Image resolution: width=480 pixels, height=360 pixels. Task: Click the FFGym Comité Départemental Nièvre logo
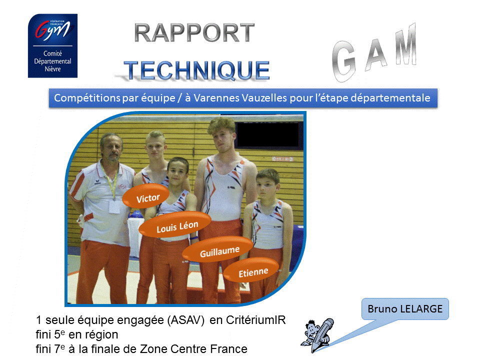[52, 45]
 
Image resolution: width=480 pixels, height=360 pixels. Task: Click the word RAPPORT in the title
[194, 33]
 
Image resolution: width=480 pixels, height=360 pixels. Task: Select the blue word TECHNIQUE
[196, 70]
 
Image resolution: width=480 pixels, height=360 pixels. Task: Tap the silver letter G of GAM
[344, 61]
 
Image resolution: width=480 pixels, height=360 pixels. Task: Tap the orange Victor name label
[145, 196]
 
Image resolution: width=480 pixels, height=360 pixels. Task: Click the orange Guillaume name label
[218, 249]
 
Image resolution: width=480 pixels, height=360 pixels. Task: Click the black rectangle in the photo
[267, 134]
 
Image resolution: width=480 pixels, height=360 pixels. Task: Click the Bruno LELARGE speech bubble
[405, 309]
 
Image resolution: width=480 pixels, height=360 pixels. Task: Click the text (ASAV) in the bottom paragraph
[186, 320]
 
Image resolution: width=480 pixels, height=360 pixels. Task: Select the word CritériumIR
[255, 320]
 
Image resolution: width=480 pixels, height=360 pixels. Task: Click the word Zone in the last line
[153, 348]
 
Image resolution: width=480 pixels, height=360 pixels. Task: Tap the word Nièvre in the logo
[52, 69]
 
